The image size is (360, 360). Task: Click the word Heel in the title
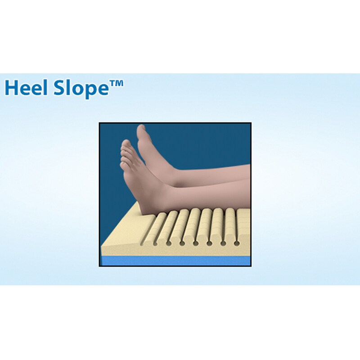click(x=27, y=88)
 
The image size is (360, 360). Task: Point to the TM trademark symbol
click(x=116, y=83)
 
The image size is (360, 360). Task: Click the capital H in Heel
click(x=12, y=88)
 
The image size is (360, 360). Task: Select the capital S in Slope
click(x=59, y=88)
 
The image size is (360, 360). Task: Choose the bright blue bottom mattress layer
click(x=175, y=261)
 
